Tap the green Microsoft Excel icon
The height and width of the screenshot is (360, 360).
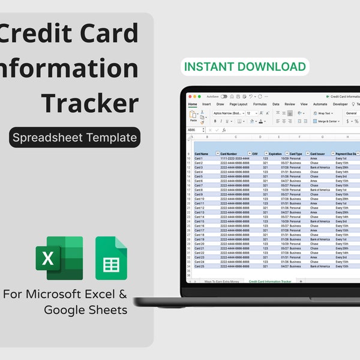(59, 258)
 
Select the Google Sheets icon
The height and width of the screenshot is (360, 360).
(111, 259)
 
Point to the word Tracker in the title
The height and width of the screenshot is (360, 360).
(90, 103)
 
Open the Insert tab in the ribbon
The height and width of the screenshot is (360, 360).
(206, 104)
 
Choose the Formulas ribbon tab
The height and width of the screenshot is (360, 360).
(260, 104)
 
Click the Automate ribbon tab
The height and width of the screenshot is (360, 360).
(320, 104)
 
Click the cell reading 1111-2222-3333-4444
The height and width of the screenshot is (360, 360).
(235, 158)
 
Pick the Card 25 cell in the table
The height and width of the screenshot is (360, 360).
(199, 266)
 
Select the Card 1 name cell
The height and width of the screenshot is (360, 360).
(199, 158)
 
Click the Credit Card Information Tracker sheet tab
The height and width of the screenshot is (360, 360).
(269, 281)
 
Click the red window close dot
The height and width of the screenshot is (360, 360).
(191, 96)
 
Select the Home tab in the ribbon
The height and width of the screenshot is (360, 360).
(193, 104)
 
